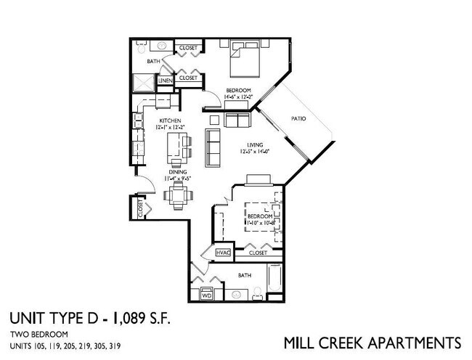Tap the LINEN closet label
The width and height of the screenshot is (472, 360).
[x=165, y=80]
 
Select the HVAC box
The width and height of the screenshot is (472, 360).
[x=223, y=253]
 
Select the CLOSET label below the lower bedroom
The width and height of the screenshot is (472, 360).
[x=258, y=253]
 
